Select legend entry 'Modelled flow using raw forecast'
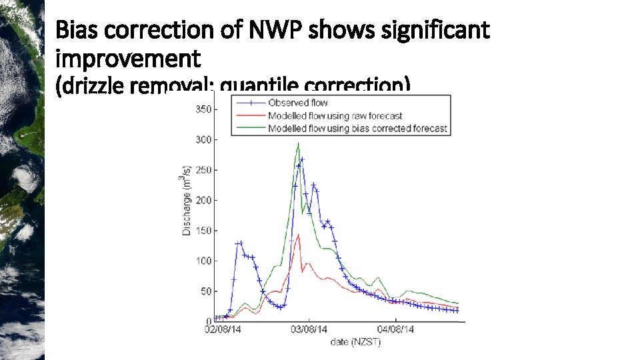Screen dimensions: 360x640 tap(335, 115)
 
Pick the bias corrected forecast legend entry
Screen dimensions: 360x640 tap(357, 128)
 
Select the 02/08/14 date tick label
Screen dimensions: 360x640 tap(223, 329)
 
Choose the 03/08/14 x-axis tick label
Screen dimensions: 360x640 tap(309, 329)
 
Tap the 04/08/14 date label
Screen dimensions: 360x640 tap(395, 329)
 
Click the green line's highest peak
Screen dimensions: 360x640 tap(298, 143)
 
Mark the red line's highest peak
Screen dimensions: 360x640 tap(299, 234)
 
